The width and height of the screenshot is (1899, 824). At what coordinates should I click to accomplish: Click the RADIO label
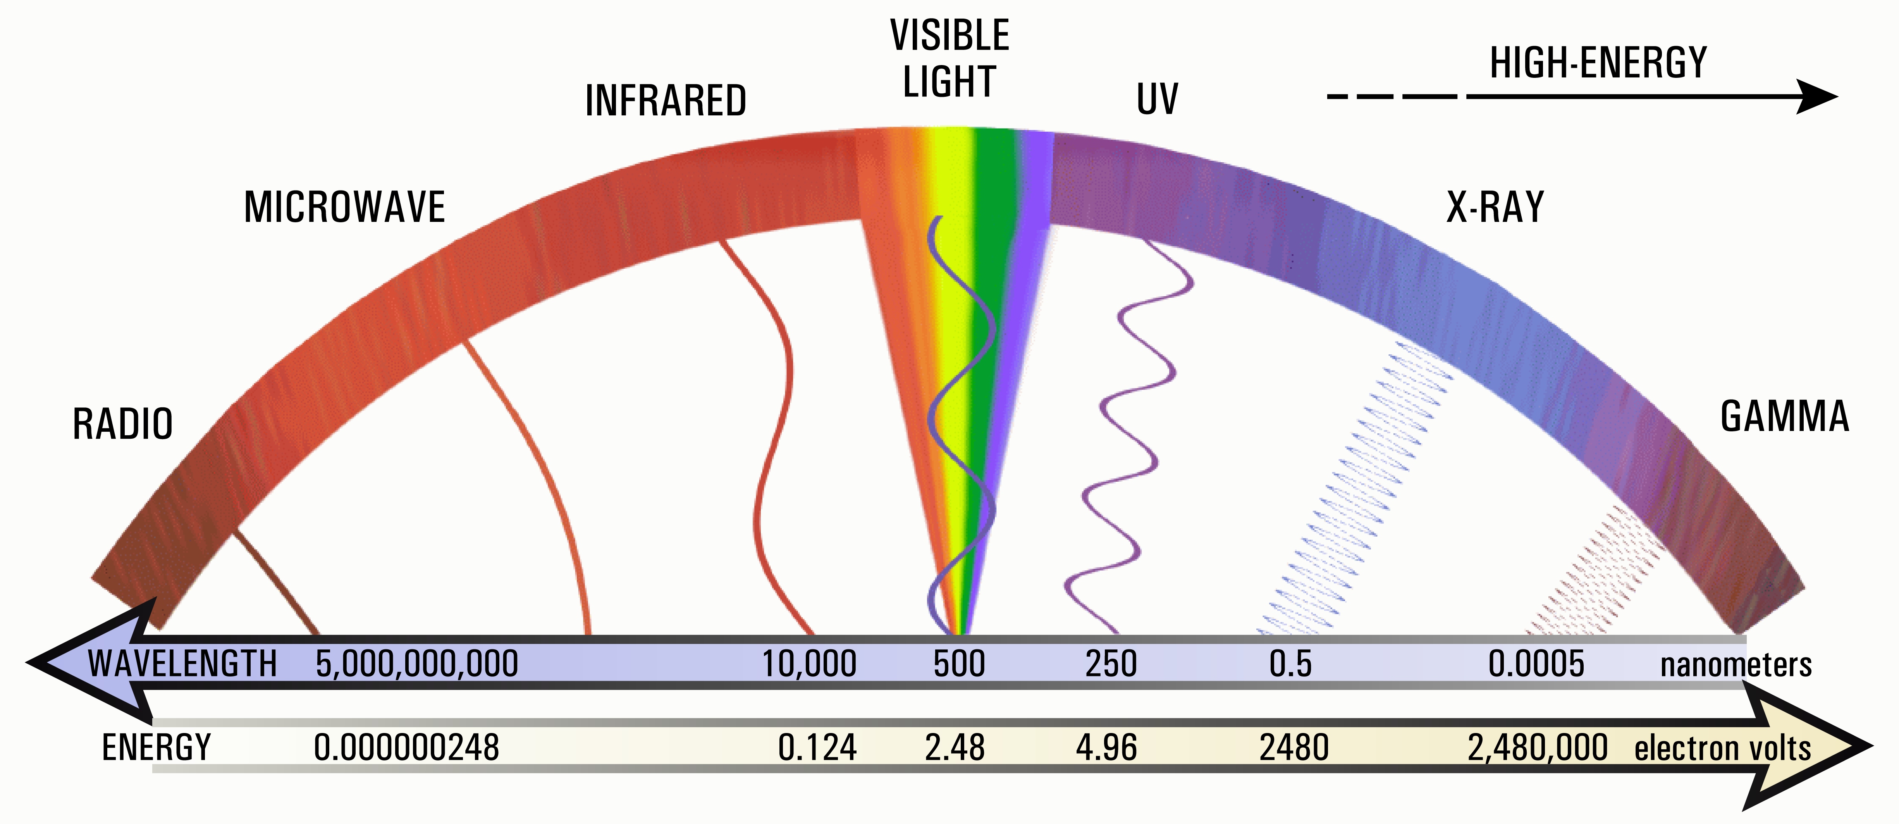pyautogui.click(x=122, y=424)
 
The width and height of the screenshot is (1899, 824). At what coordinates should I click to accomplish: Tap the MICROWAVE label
pyautogui.click(x=344, y=207)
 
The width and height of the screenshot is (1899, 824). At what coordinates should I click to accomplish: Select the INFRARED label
pyautogui.click(x=666, y=101)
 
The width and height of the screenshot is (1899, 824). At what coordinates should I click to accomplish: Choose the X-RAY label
pyautogui.click(x=1495, y=207)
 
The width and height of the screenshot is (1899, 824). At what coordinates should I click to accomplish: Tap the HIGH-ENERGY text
pyautogui.click(x=1598, y=63)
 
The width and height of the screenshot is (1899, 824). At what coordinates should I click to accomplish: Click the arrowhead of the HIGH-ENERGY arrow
pyautogui.click(x=1817, y=96)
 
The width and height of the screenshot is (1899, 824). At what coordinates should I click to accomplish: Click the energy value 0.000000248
pyautogui.click(x=406, y=747)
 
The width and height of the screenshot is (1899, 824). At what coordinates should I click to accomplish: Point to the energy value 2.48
pyautogui.click(x=955, y=747)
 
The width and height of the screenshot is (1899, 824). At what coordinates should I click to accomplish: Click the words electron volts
pyautogui.click(x=1723, y=748)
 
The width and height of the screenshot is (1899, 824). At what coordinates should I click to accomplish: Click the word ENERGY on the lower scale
pyautogui.click(x=156, y=747)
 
